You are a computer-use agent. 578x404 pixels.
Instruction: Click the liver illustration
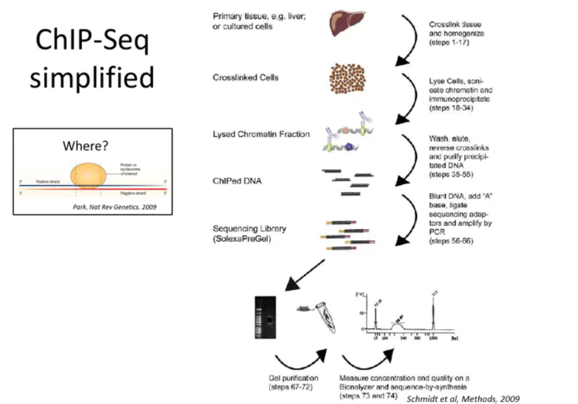tap(348, 23)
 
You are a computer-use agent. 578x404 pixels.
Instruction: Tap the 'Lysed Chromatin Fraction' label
tap(261, 134)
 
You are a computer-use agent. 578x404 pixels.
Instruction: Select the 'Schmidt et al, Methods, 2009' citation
tap(463, 398)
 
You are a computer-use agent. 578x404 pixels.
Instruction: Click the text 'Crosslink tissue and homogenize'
tap(456, 28)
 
